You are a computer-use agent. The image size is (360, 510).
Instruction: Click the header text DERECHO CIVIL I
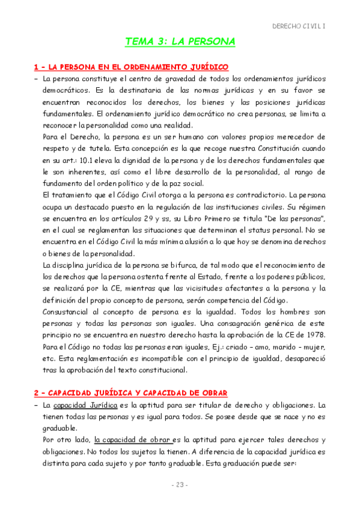pyautogui.click(x=299, y=26)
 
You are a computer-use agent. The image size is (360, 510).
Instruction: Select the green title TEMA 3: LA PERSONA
pyautogui.click(x=180, y=41)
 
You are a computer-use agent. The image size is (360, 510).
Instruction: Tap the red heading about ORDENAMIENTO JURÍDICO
pyautogui.click(x=131, y=66)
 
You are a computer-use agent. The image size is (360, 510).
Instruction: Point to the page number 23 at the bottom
pyautogui.click(x=180, y=485)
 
